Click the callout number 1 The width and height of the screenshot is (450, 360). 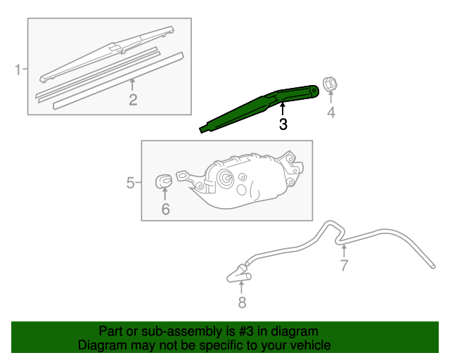click(17, 69)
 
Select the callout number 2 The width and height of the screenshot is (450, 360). click(133, 99)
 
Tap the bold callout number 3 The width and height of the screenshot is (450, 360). click(283, 124)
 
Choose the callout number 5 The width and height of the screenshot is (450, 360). click(131, 183)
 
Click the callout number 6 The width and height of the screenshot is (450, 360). click(165, 209)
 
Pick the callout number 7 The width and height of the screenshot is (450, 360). click(344, 265)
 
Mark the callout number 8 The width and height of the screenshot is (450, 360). click(242, 303)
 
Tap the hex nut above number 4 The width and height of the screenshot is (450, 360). click(329, 85)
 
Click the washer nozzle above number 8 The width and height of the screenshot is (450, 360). click(239, 272)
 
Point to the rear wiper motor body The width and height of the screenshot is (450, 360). click(243, 181)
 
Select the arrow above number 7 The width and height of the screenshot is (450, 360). click(344, 250)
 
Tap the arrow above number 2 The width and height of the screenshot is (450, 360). click(132, 84)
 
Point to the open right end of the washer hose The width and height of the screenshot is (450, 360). click(431, 265)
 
